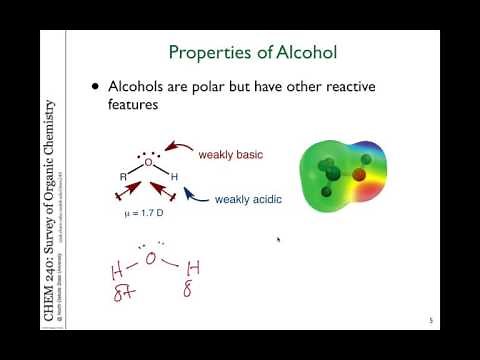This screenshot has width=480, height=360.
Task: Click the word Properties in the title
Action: coord(205,52)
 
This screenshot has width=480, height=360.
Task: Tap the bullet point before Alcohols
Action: coord(97,86)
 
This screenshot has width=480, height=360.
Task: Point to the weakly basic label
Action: coord(231,155)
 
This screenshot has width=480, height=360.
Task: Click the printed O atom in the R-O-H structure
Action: coord(148,162)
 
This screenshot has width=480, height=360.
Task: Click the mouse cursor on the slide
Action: coord(279,240)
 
